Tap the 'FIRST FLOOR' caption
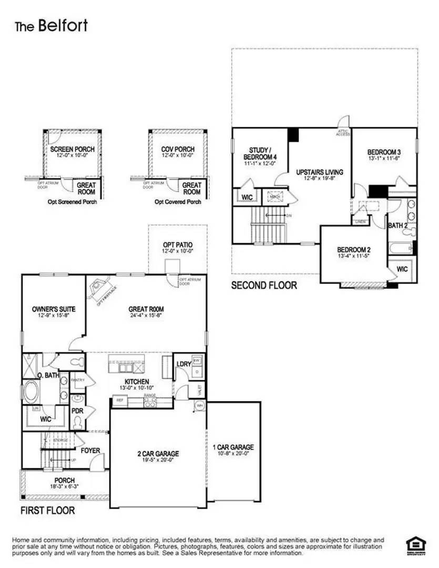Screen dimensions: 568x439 tap(47, 510)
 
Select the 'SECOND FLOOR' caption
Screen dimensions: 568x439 tap(264, 286)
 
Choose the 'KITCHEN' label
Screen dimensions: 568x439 tap(137, 381)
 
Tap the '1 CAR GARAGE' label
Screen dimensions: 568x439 tap(233, 447)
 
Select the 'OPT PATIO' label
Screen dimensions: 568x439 tap(177, 245)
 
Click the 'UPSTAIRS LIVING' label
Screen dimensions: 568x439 tap(319, 173)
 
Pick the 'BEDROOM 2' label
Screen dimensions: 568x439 tap(354, 250)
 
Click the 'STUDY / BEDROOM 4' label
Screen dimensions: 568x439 tap(260, 154)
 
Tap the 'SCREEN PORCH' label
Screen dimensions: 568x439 tap(73, 149)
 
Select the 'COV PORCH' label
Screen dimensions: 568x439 tap(177, 149)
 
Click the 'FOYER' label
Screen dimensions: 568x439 tap(90, 451)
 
